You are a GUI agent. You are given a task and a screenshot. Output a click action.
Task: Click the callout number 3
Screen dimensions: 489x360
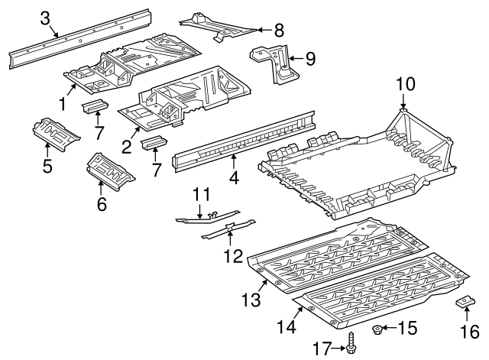[45, 18]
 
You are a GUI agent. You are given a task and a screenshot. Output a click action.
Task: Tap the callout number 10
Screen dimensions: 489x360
[406, 84]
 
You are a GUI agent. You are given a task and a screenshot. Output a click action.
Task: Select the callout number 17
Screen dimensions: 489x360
[322, 348]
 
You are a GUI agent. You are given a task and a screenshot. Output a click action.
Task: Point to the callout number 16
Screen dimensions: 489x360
[470, 331]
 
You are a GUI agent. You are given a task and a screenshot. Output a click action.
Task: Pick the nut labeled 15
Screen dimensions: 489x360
[377, 329]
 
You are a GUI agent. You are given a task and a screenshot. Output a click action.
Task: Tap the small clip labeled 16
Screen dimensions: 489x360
[465, 302]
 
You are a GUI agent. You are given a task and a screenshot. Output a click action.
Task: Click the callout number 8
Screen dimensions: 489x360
[279, 31]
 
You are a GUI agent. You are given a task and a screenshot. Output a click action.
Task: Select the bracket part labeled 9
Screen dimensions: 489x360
[274, 63]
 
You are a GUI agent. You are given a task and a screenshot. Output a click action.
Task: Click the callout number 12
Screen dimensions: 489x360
[233, 256]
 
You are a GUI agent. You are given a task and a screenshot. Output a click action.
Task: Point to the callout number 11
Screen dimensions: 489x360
[201, 194]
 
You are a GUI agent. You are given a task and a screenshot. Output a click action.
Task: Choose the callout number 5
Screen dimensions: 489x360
[47, 166]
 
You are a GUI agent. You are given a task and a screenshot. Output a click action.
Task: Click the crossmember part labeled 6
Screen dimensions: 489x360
[110, 171]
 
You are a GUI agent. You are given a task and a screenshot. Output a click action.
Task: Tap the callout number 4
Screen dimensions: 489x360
[234, 177]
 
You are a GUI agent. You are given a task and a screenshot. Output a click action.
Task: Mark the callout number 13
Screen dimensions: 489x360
[251, 300]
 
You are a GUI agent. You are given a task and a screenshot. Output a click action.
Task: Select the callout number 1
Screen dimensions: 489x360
[63, 104]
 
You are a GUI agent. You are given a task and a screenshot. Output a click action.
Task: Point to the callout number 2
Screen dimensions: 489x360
[126, 147]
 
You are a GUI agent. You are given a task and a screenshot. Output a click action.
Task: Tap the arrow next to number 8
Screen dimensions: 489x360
[265, 30]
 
